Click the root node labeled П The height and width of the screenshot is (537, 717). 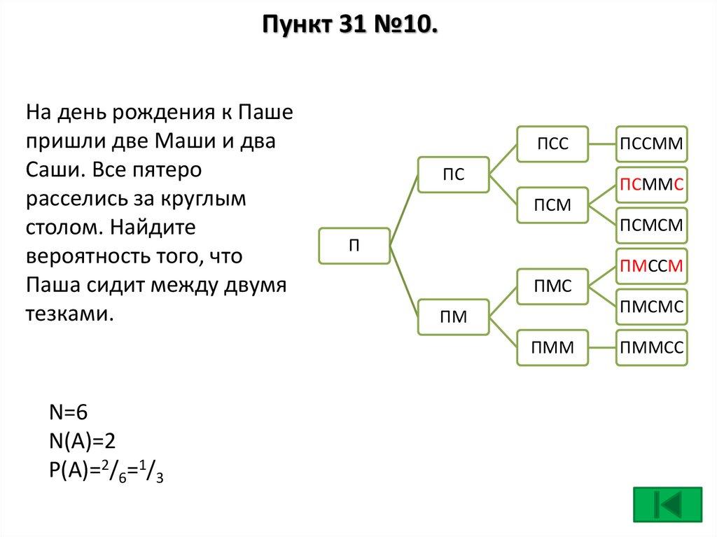click(354, 246)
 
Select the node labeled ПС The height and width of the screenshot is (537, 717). click(453, 174)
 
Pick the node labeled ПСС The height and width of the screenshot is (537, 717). click(552, 144)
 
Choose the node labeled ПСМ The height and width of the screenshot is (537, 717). click(552, 205)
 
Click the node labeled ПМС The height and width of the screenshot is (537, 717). click(552, 286)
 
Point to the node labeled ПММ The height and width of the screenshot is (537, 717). click(552, 347)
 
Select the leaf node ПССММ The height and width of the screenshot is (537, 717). click(651, 144)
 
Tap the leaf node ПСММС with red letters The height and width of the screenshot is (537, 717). click(651, 185)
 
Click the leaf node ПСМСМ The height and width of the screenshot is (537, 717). click(651, 225)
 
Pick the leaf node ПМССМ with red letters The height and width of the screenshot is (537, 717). click(651, 265)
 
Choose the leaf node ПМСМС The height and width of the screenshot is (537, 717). click(651, 306)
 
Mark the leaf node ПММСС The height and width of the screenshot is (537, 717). click(651, 347)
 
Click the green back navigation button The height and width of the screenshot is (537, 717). click(667, 505)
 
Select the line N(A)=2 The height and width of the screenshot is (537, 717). click(82, 441)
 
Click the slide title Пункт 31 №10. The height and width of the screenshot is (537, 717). click(351, 27)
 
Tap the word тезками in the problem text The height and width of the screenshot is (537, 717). click(69, 314)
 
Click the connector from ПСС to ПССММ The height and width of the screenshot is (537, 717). click(601, 144)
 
